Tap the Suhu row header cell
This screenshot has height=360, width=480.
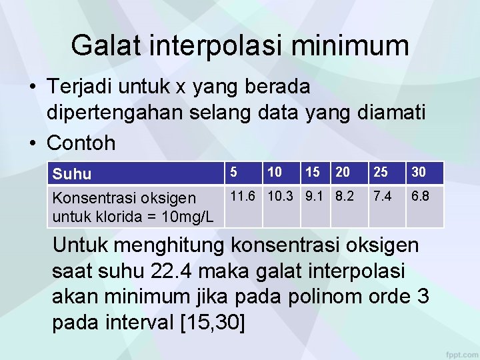point(72,174)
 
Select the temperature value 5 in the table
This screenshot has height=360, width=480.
point(234,173)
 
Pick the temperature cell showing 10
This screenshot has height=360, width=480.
point(274,173)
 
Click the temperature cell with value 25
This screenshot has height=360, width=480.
point(381,173)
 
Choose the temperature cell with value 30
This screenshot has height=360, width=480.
point(419,173)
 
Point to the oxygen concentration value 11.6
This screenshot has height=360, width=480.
point(245,197)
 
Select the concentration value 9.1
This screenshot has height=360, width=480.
point(316,197)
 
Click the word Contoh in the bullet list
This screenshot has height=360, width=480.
point(81,143)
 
